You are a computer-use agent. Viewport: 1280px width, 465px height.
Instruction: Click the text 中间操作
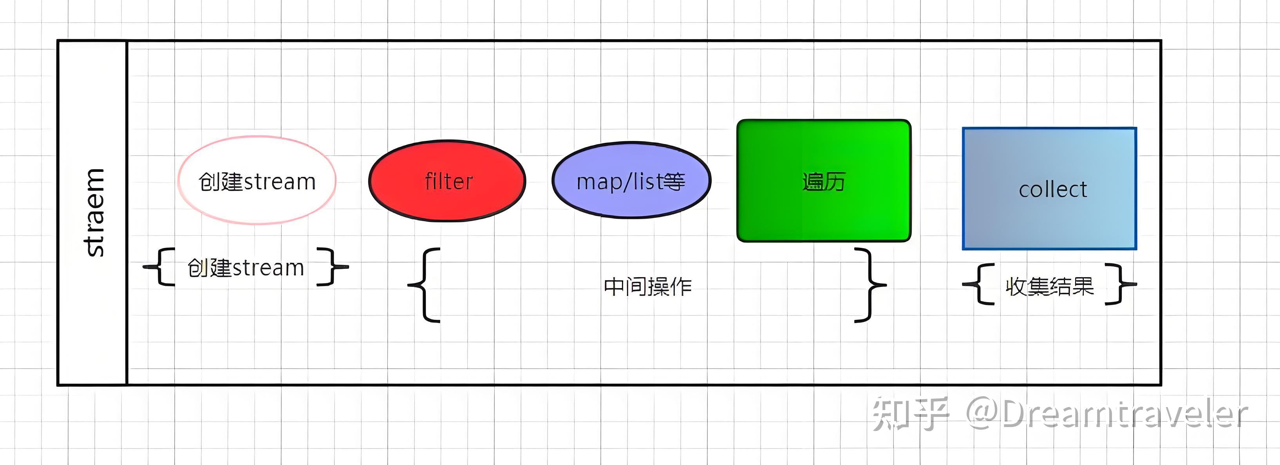click(647, 287)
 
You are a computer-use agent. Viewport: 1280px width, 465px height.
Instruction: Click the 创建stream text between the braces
click(246, 268)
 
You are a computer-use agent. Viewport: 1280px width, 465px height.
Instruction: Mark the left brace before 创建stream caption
click(160, 267)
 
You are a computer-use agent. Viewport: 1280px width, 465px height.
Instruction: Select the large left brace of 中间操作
click(425, 285)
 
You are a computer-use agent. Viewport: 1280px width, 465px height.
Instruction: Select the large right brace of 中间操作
click(870, 285)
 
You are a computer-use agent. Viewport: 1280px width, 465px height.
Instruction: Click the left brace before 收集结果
click(979, 284)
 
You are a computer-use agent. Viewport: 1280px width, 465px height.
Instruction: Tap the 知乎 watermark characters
click(910, 414)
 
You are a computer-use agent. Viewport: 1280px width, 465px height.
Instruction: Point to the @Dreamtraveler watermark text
click(1106, 414)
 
